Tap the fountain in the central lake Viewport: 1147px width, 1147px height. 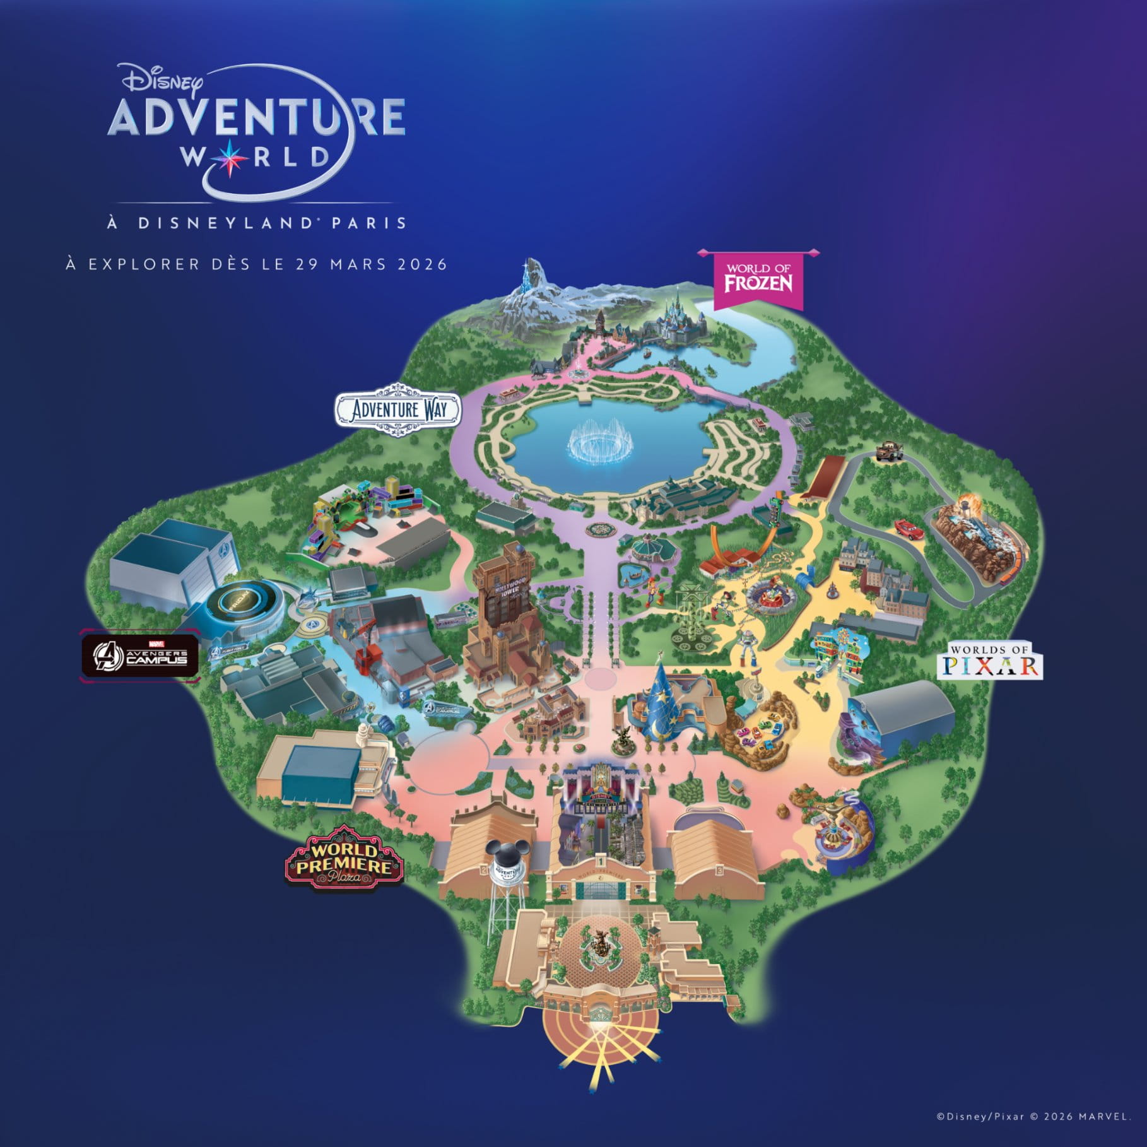(600, 444)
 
